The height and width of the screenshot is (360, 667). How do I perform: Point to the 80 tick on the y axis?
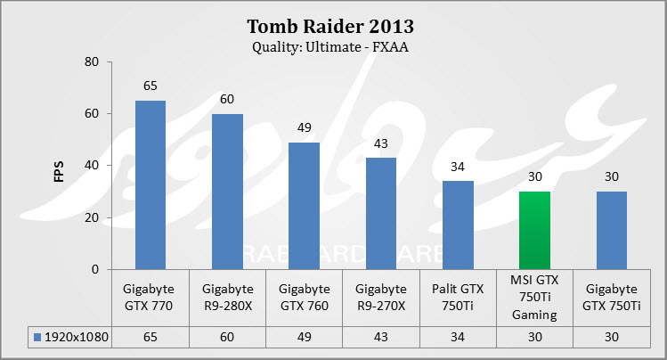pos(92,61)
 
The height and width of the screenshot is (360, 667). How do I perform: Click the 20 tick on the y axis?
pos(92,217)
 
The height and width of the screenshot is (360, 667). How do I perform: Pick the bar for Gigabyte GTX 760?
pos(304,206)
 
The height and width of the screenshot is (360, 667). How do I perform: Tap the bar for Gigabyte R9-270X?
pos(380,213)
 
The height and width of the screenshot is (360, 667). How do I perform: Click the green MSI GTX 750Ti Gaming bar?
pos(534,230)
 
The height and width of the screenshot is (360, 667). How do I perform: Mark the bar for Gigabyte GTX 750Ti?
pos(612,230)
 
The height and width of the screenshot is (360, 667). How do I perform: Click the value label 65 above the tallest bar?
pos(150,87)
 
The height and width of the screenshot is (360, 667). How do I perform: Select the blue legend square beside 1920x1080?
pos(37,338)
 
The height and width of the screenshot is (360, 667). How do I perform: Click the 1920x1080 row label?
pos(75,338)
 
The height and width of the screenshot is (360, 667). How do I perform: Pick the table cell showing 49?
pos(304,338)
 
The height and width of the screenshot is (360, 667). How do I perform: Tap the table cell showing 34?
pos(458,338)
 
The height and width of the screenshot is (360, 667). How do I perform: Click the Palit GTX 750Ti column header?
pos(458,296)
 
